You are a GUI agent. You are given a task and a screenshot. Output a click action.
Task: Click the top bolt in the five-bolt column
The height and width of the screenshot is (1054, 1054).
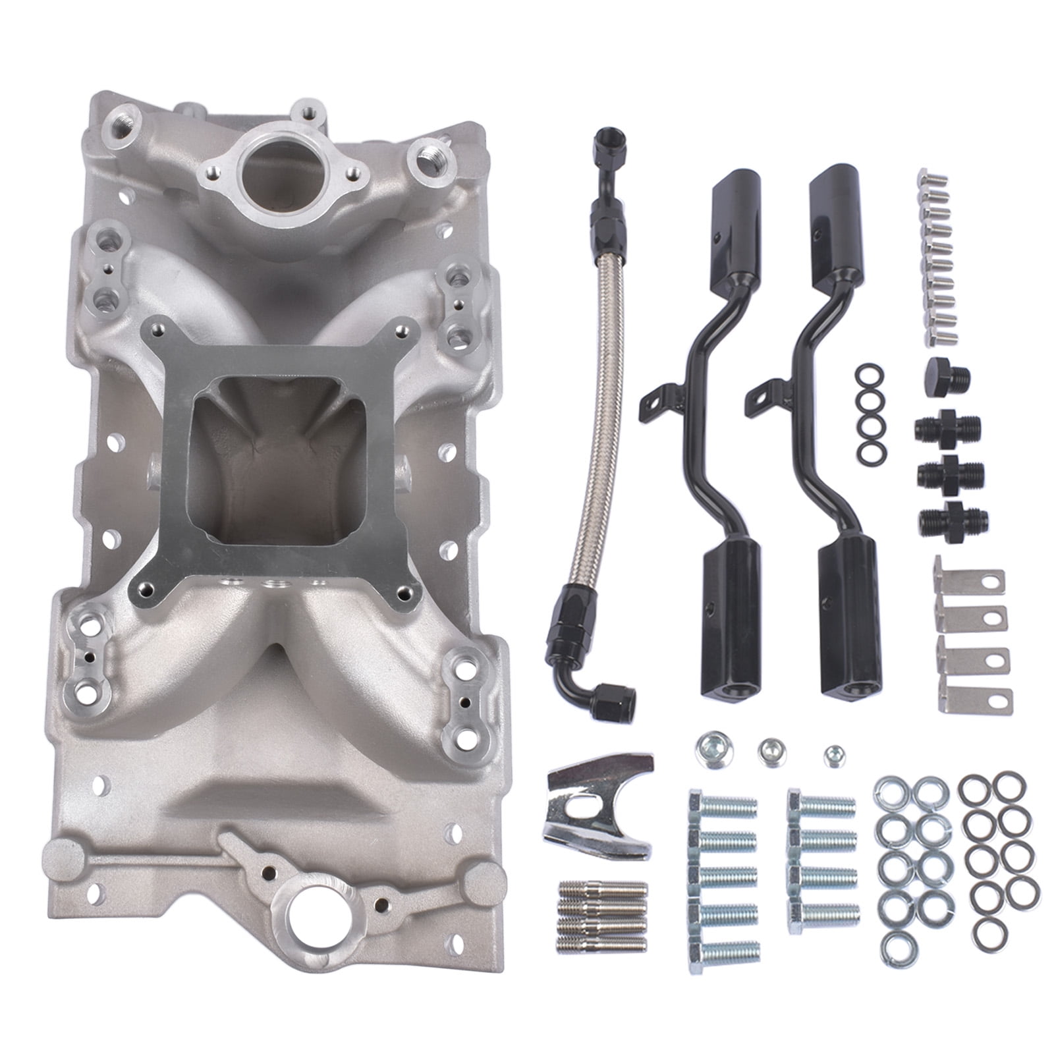(x=722, y=806)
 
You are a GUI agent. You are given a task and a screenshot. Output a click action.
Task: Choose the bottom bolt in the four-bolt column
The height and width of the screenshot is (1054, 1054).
(x=823, y=913)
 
